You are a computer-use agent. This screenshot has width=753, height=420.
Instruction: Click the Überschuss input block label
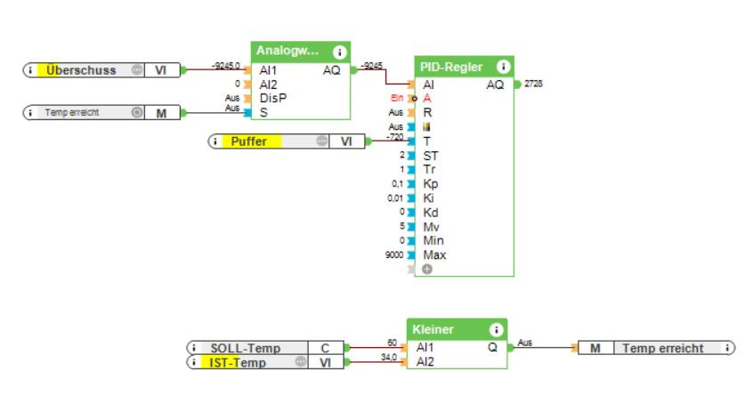tap(82, 69)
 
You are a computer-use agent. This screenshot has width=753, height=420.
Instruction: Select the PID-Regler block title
tap(453, 67)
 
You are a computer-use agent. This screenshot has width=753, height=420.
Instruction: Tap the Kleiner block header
tap(433, 329)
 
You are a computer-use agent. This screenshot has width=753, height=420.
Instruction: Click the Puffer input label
tap(250, 141)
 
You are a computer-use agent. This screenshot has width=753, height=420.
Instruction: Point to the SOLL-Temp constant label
tap(246, 348)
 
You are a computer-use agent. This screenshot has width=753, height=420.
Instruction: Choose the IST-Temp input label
tap(239, 362)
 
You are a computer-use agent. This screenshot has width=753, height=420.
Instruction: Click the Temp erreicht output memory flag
tap(662, 348)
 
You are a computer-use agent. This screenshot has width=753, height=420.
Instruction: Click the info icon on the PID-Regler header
tap(503, 66)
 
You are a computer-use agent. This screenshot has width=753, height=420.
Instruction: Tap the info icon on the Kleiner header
tap(495, 329)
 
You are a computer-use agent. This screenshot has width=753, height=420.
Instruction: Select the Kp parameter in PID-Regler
tap(430, 184)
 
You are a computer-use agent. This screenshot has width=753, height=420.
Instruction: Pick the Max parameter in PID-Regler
tap(434, 254)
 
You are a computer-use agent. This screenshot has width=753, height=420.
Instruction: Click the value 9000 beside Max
tap(394, 255)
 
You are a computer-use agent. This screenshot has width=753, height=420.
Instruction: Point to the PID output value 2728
tap(534, 84)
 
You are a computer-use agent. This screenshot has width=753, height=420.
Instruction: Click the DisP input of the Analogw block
tap(272, 98)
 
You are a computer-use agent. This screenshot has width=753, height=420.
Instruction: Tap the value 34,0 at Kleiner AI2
tap(388, 358)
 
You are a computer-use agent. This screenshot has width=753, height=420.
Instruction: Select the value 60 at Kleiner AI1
tap(392, 343)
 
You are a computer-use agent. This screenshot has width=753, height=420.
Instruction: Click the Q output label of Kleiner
tap(492, 348)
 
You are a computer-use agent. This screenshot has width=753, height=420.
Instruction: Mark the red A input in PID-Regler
tap(428, 99)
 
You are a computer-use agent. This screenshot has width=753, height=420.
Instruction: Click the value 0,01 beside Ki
tap(395, 198)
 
